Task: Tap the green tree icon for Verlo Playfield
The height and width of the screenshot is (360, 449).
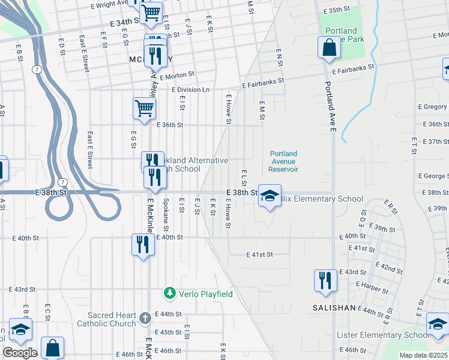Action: click(x=170, y=293)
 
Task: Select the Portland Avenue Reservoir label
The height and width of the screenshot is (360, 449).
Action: click(x=283, y=161)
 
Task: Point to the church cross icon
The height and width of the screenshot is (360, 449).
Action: click(x=145, y=317)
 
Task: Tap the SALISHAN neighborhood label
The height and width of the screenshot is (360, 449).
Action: click(x=334, y=307)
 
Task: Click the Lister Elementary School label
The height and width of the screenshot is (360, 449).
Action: click(x=383, y=335)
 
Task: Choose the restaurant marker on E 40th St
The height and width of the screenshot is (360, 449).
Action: click(x=143, y=245)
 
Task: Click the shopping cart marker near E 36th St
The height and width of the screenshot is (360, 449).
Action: click(x=145, y=109)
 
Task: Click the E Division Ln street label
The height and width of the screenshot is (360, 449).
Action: click(x=191, y=90)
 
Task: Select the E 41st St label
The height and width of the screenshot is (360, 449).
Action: click(x=259, y=254)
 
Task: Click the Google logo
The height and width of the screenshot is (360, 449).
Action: click(x=20, y=352)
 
